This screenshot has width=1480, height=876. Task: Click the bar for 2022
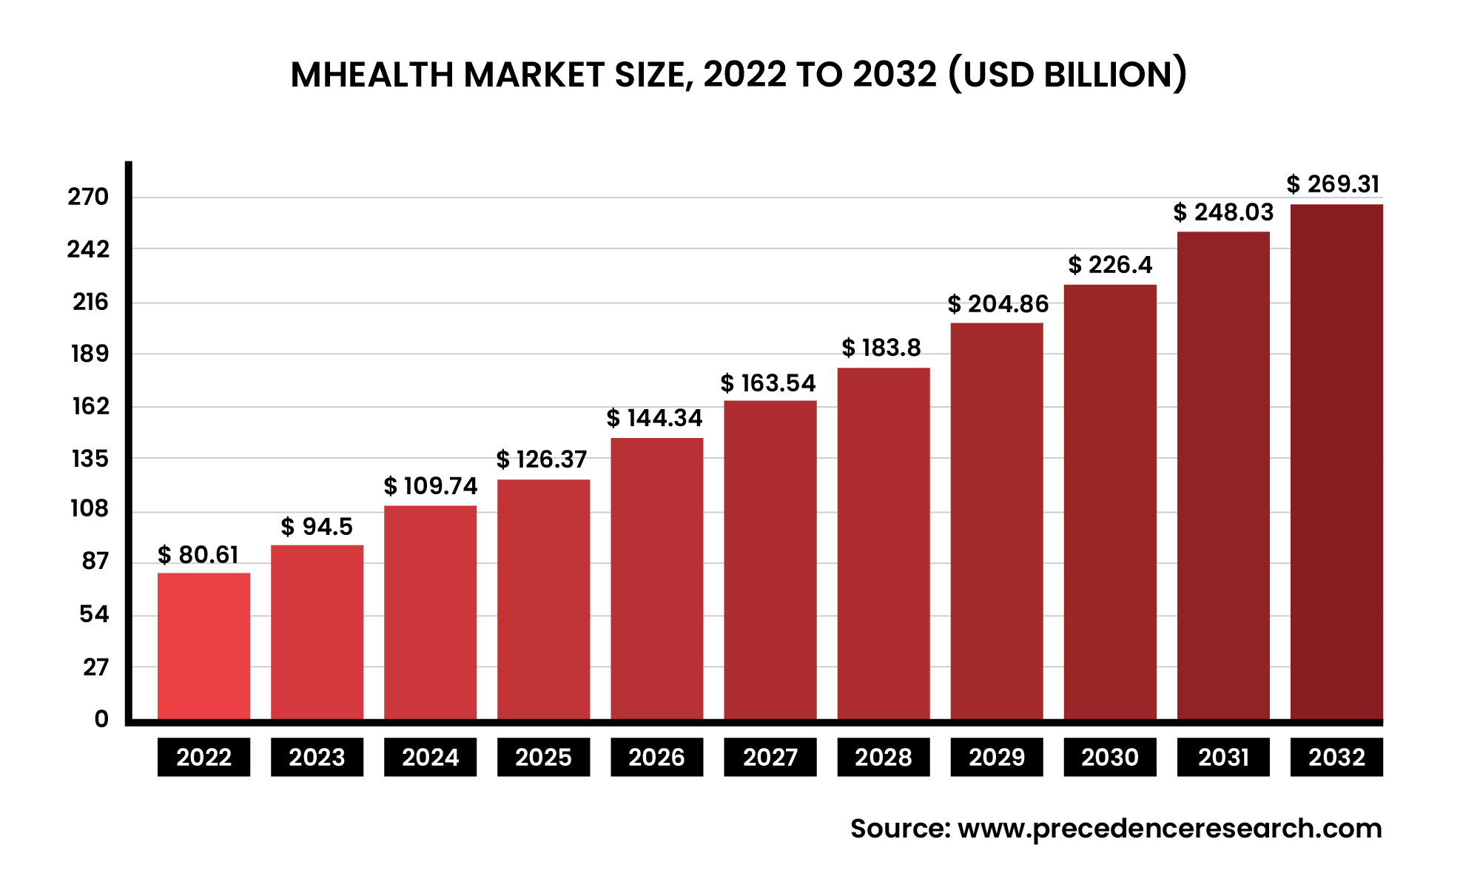203,646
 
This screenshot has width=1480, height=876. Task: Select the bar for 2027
770,560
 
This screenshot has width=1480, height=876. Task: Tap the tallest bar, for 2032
1336,462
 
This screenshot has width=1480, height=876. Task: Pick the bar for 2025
543,599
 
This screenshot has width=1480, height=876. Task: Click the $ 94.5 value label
317,527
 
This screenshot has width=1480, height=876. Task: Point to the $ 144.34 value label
654,418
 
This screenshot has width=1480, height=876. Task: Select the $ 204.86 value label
998,304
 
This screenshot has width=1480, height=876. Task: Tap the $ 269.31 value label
1333,184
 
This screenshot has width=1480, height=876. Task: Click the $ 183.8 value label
881,348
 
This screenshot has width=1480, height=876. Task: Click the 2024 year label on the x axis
430,757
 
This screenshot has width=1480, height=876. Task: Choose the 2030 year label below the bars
1109,757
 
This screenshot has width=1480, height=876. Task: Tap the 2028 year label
883,757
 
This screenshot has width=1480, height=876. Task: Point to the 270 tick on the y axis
88,198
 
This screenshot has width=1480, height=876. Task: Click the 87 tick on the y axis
95,562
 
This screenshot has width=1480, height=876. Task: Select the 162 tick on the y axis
90,406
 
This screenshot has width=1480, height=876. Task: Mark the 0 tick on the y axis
101,719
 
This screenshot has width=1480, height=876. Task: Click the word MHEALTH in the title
371,75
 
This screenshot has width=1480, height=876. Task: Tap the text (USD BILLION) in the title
1066,75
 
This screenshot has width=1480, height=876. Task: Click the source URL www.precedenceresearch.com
1169,829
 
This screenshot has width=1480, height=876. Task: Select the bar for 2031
1223,475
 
